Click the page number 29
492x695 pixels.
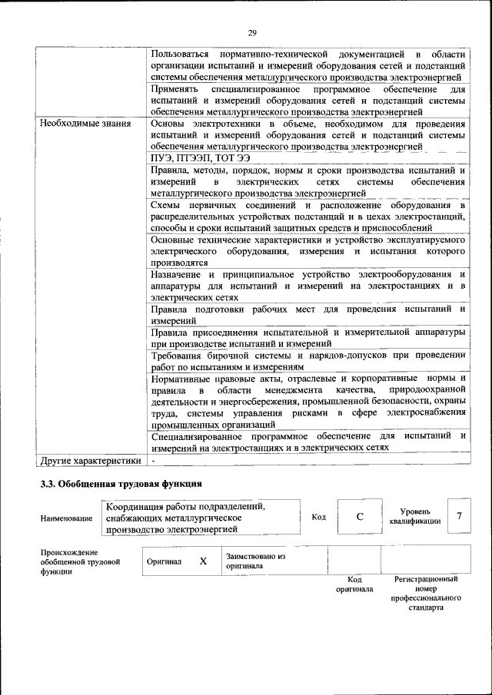251,32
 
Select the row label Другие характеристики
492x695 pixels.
90,461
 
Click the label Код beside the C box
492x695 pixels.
318,517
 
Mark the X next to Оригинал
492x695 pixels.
203,561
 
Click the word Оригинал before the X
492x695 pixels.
164,561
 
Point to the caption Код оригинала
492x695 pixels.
354,584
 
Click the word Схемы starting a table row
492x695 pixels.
168,206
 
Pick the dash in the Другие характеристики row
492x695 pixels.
155,461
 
